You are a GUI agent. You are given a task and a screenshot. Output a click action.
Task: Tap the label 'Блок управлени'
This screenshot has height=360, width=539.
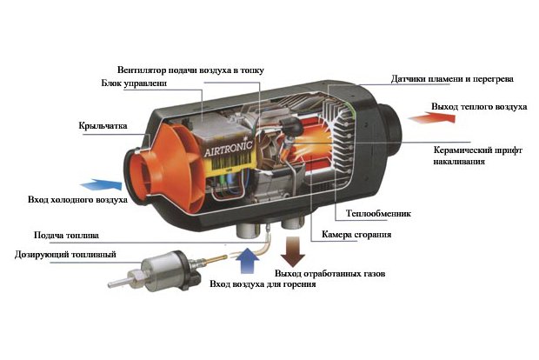(x=132, y=84)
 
